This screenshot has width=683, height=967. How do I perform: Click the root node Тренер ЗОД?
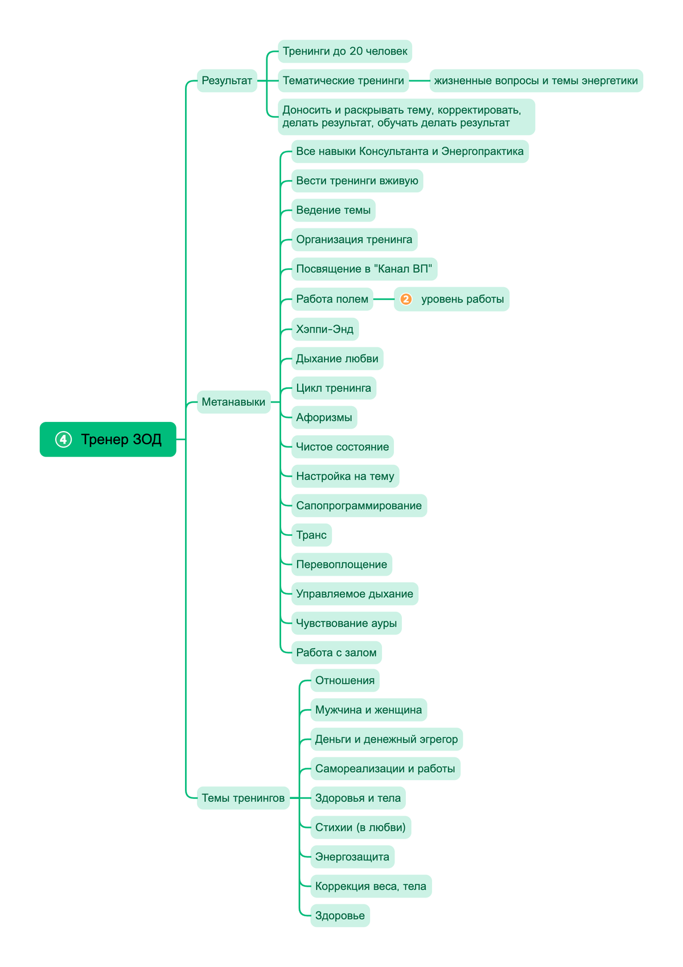point(108,439)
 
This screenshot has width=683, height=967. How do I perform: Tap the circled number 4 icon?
point(63,440)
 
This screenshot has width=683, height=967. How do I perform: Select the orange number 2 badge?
point(406,299)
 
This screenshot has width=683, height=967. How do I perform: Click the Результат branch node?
point(227,81)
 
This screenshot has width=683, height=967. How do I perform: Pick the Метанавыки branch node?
point(233,402)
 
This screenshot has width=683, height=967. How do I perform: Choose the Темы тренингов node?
point(243,798)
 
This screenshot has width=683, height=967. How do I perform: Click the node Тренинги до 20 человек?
point(345,51)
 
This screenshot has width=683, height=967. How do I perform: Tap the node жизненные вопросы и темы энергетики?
point(536,81)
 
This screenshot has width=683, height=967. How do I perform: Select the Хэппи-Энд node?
point(325,329)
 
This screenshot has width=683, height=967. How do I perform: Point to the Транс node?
point(311,535)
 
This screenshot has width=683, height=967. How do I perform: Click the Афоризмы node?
point(324,417)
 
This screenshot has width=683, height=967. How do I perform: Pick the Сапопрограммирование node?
point(359,506)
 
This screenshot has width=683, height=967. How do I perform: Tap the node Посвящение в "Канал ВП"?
point(364,269)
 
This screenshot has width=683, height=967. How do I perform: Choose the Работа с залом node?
point(336,652)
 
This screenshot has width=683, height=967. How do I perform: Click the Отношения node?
point(345,681)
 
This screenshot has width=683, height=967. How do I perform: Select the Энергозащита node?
point(352,857)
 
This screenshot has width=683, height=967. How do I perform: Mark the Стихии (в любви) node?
point(361,827)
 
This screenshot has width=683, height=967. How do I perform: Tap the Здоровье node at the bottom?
point(340,915)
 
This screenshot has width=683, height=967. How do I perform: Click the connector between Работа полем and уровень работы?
point(384,299)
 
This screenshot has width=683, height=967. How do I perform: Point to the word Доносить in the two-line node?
point(307,110)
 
